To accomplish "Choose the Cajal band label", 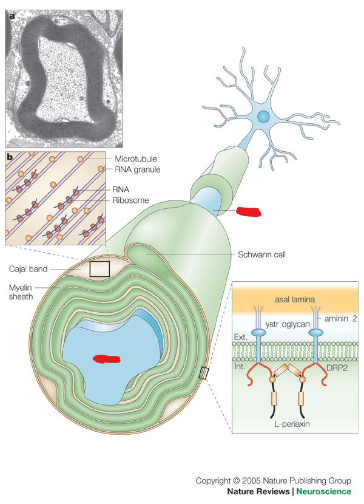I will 28,268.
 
